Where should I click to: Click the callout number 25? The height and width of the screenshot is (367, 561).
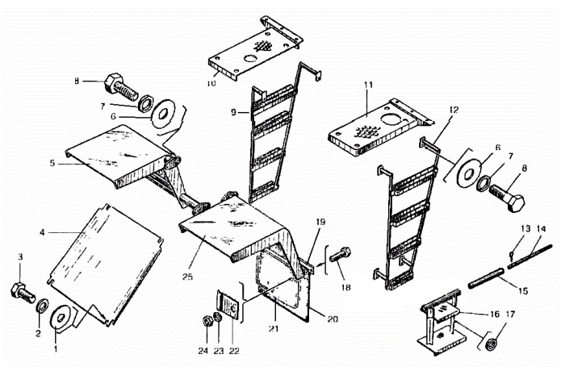pyautogui.click(x=187, y=277)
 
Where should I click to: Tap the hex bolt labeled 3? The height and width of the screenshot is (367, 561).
pyautogui.click(x=23, y=292)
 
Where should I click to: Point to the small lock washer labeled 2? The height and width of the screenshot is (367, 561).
pyautogui.click(x=43, y=307)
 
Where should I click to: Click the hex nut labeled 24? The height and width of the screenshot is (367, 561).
pyautogui.click(x=207, y=321)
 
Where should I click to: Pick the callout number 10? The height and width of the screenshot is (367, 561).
pyautogui.click(x=211, y=83)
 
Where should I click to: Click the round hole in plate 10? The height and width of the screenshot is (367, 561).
pyautogui.click(x=250, y=58)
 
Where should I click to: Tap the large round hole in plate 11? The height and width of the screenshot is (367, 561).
pyautogui.click(x=393, y=119)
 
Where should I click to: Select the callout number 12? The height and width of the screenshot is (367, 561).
pyautogui.click(x=454, y=110)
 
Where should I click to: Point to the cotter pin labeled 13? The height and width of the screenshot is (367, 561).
pyautogui.click(x=512, y=254)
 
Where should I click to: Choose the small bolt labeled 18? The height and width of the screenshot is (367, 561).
pyautogui.click(x=340, y=254)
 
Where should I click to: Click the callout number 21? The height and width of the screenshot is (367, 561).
pyautogui.click(x=274, y=328)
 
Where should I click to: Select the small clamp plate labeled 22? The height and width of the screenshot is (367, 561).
pyautogui.click(x=228, y=304)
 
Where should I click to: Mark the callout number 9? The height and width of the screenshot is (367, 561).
pyautogui.click(x=233, y=113)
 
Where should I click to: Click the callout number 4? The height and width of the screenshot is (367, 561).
pyautogui.click(x=42, y=232)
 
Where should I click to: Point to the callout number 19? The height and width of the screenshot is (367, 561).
pyautogui.click(x=320, y=222)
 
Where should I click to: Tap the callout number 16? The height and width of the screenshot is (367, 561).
pyautogui.click(x=495, y=314)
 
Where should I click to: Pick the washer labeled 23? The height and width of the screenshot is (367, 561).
pyautogui.click(x=217, y=317)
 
